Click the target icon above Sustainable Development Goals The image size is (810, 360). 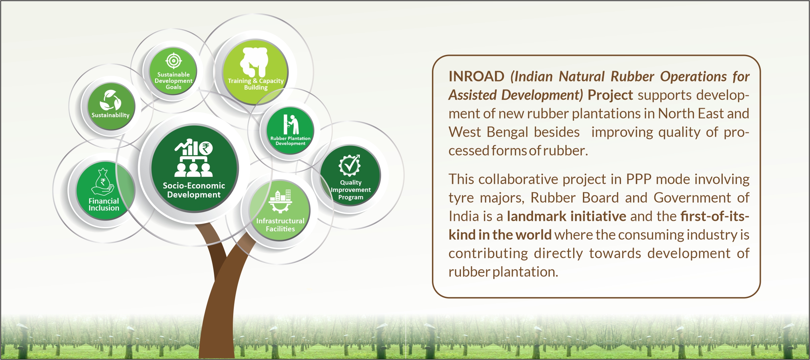(174, 61)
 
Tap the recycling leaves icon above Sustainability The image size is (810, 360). (110, 100)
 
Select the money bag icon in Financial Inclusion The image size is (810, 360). (103, 182)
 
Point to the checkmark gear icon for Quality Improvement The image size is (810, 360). (350, 165)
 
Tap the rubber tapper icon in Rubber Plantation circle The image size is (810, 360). (291, 124)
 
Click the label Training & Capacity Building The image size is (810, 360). (256, 84)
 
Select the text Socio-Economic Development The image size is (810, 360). (194, 190)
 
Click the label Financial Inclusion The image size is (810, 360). (104, 204)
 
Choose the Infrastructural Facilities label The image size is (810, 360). (280, 225)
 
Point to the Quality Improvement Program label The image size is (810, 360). (351, 190)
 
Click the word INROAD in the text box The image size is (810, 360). (476, 76)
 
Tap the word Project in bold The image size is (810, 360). (610, 95)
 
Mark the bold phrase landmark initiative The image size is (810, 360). (566, 216)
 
